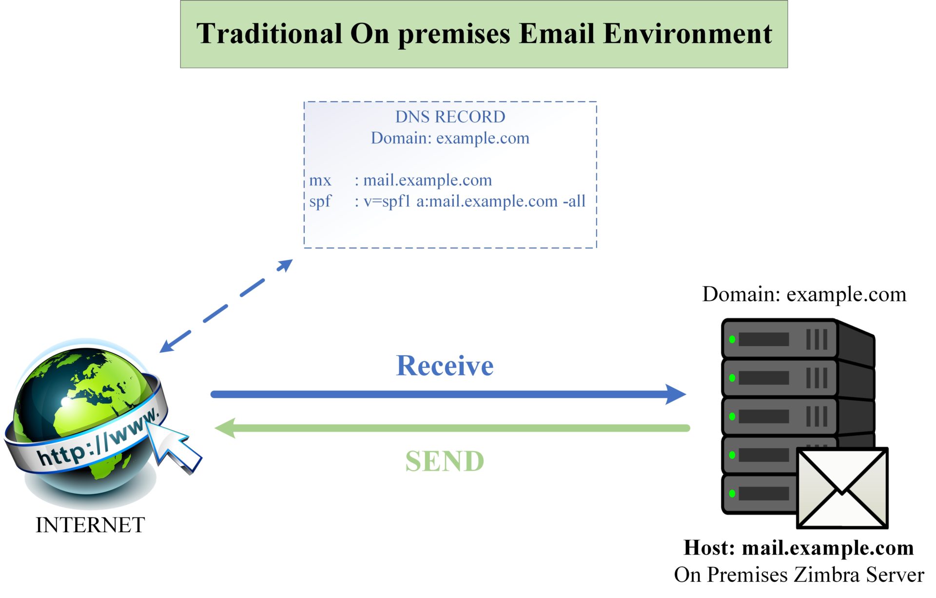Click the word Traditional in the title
point(269,34)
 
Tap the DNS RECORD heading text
point(450,117)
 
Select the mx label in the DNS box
point(320,180)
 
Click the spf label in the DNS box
point(320,201)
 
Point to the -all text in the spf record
point(574,201)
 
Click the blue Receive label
point(445,366)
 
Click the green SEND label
point(445,461)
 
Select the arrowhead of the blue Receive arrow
point(677,394)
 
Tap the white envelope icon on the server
point(842,488)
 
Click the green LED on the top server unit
point(732,339)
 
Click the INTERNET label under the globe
point(90,525)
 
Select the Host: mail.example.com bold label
point(799,548)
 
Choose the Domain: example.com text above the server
point(804,295)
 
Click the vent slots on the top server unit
point(817,339)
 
